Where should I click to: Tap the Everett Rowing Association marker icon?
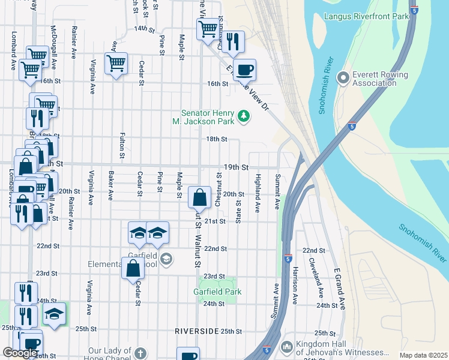coord(343,78)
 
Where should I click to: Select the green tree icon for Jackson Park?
coord(243,115)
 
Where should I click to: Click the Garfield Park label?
coord(217,292)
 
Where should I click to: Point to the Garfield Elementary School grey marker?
coord(166,259)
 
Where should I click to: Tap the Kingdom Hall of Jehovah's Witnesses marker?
coord(286,347)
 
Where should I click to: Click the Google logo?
coord(20,353)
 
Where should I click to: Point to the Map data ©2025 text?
coord(423,355)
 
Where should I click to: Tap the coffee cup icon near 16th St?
coord(244,70)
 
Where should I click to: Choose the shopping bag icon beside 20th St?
coord(199,197)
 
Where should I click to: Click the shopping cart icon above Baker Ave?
coord(116,63)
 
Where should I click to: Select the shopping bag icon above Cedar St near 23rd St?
coord(133,268)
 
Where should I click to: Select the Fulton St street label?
coord(122,146)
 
